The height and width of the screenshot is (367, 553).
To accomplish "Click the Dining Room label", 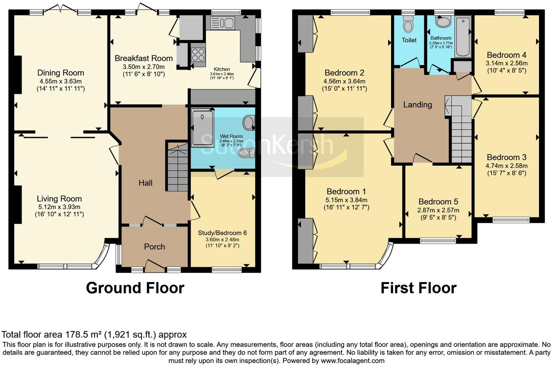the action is (x=60, y=73).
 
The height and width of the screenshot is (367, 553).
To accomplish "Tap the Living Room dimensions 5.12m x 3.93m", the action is (x=59, y=206).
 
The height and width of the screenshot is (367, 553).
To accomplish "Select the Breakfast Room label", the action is (x=143, y=58).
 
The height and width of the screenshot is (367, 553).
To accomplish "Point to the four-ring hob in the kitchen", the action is (x=198, y=54).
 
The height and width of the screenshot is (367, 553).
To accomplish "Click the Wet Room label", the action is (x=231, y=136).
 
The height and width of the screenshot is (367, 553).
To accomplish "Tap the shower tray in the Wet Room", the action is (x=202, y=128).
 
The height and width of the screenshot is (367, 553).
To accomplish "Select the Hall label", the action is (x=146, y=183).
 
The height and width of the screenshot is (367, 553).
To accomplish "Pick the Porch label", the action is (x=155, y=246).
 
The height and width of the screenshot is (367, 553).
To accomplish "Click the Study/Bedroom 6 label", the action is (x=222, y=233).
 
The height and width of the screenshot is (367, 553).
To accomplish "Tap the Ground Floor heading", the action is (x=135, y=288).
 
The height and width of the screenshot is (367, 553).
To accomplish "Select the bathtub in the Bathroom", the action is (x=463, y=36).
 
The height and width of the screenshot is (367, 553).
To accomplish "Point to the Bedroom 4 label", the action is (x=506, y=55).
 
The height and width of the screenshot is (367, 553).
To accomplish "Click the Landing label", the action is (x=417, y=105).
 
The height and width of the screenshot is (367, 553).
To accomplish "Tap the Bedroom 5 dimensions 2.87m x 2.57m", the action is (x=438, y=210).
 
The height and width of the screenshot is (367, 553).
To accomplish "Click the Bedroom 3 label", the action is (x=506, y=157).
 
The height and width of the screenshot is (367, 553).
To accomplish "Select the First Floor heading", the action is (x=418, y=288).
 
